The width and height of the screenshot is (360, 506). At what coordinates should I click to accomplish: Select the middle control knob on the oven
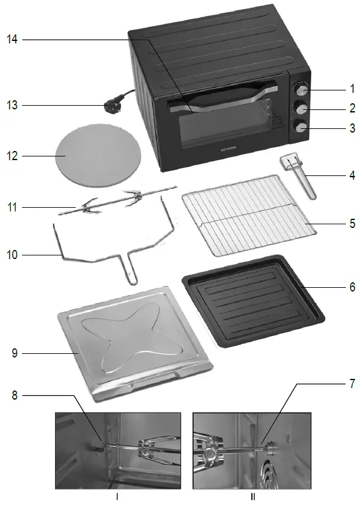click(x=301, y=108)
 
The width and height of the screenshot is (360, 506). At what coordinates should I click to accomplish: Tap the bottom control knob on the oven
click(x=301, y=127)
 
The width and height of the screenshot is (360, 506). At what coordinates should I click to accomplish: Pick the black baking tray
click(x=252, y=299)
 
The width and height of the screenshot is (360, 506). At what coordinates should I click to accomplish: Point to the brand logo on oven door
click(x=227, y=148)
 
